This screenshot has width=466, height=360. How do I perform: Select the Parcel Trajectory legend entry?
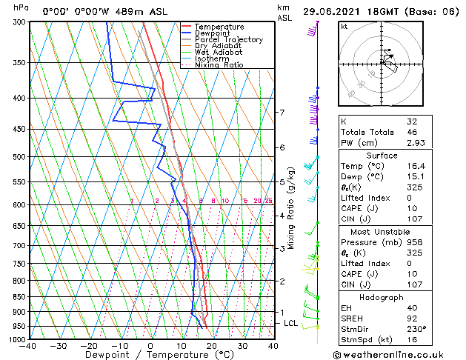pyautogui.click(x=228, y=40)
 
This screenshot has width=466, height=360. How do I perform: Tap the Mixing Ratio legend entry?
pyautogui.click(x=219, y=65)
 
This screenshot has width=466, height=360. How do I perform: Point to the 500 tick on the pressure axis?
pyautogui.click(x=16, y=157)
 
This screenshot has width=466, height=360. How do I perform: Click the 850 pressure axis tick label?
pyautogui.click(x=16, y=296)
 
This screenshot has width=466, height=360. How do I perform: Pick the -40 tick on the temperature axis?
pyautogui.click(x=28, y=346)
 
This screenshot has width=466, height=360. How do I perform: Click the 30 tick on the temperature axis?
pyautogui.click(x=242, y=346)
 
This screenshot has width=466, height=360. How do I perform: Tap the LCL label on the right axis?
pyautogui.click(x=291, y=324)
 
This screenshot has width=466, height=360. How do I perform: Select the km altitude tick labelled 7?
pyautogui.click(x=282, y=113)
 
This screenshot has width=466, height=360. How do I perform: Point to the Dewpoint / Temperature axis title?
pyautogui.click(x=150, y=356)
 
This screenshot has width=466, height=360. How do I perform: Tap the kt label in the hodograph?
pyautogui.click(x=344, y=26)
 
